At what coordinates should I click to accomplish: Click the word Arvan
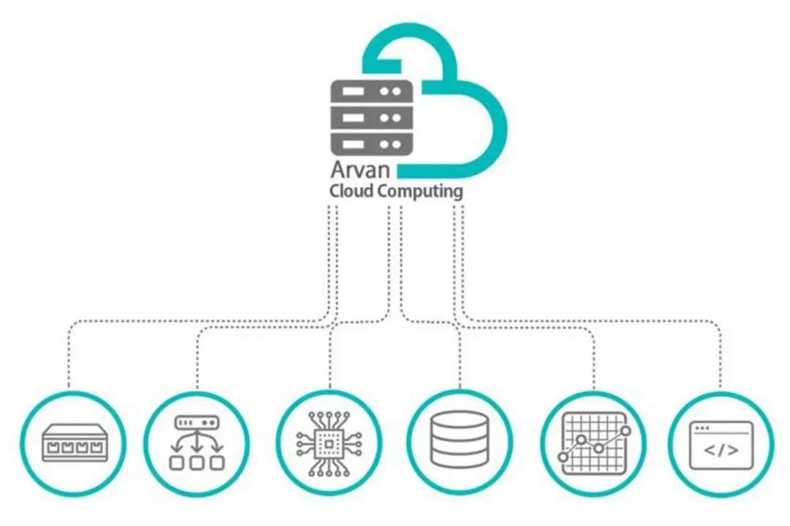point(360,169)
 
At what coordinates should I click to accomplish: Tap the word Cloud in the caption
point(352,191)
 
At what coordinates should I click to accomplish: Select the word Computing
point(420,192)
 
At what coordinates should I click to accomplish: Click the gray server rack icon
point(372,118)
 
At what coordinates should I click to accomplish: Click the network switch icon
point(75,443)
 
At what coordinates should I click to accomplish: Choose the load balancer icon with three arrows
point(197,443)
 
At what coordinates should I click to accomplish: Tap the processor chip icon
point(329,443)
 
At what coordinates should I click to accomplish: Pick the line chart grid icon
point(595,443)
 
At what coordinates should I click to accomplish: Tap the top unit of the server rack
point(372,91)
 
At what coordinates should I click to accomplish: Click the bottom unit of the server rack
point(372,144)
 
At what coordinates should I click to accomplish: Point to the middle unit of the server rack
point(372,118)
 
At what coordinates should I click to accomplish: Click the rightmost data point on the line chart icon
point(625,431)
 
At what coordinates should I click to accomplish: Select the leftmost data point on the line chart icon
point(563,457)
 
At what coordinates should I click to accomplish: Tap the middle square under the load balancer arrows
point(197,462)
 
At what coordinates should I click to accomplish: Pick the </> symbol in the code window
point(721,450)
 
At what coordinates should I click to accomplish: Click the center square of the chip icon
point(329,443)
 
